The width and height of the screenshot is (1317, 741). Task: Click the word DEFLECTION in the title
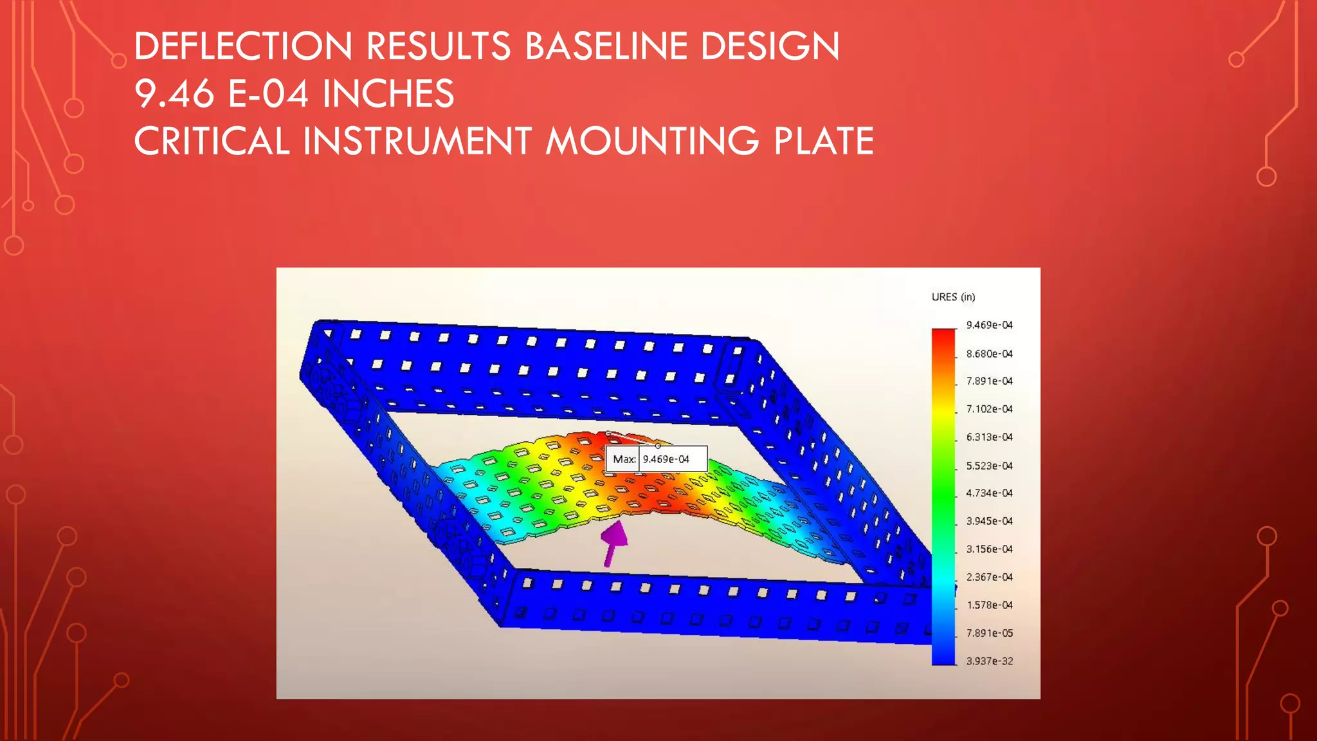(x=243, y=46)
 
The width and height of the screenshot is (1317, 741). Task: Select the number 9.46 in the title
(x=174, y=94)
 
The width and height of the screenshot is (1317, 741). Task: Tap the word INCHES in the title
(x=388, y=94)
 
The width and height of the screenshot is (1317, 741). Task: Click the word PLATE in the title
(x=824, y=142)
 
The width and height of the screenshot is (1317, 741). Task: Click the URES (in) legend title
(x=953, y=297)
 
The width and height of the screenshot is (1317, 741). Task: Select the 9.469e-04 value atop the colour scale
(x=989, y=325)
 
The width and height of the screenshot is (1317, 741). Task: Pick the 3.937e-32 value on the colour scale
(x=989, y=661)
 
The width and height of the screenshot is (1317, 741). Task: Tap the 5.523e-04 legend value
(x=989, y=466)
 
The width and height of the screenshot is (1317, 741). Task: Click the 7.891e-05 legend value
(x=989, y=634)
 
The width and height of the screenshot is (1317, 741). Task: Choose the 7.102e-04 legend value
(x=989, y=409)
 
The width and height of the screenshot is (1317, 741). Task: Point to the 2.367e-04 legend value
(x=989, y=578)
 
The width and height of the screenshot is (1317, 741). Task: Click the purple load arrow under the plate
(x=613, y=542)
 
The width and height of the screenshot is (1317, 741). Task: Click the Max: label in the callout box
(x=624, y=459)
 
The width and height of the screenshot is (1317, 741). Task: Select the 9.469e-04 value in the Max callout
(x=666, y=459)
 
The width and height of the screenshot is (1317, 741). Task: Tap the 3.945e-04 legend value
(x=989, y=521)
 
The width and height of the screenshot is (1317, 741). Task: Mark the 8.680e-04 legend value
(x=989, y=354)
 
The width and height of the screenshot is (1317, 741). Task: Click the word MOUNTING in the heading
(x=652, y=142)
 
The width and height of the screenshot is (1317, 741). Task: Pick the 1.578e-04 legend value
(x=989, y=605)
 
